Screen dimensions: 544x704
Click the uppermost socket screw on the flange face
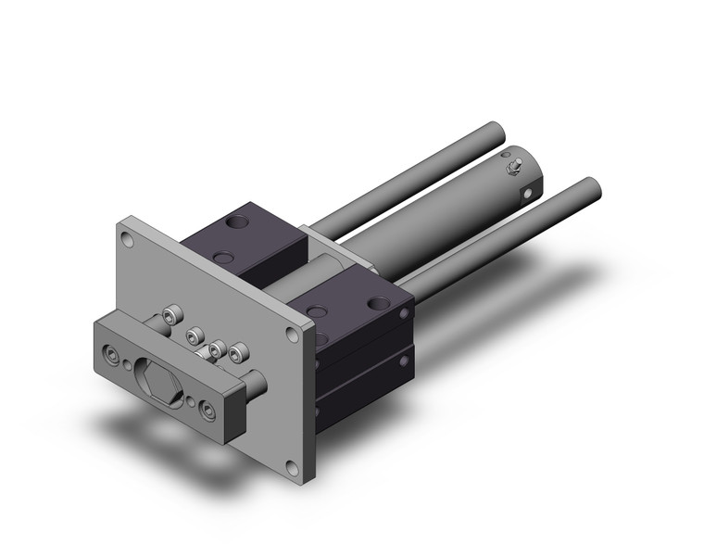(169, 316)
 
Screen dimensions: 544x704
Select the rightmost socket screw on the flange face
(240, 352)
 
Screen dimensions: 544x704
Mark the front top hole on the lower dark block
(316, 312)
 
